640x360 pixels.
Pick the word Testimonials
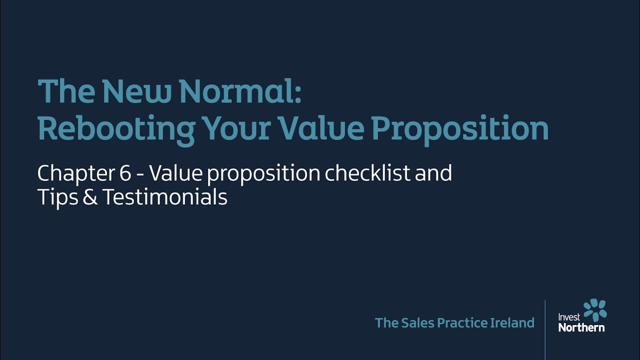[165, 197]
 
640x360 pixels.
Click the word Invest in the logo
[569, 317]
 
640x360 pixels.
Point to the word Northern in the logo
[581, 327]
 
